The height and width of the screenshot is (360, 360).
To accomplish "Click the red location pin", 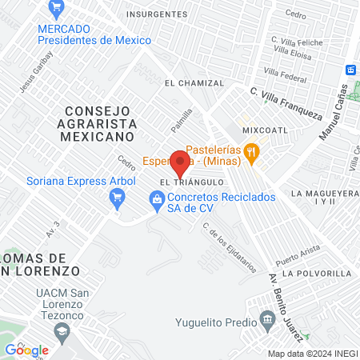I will (181, 165).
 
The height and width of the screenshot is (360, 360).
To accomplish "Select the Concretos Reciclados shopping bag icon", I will (154, 198).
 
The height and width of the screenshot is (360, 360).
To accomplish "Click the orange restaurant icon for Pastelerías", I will (252, 150).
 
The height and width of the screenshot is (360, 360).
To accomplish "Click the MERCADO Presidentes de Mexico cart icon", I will (55, 10).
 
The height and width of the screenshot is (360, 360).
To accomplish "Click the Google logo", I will (26, 350).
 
